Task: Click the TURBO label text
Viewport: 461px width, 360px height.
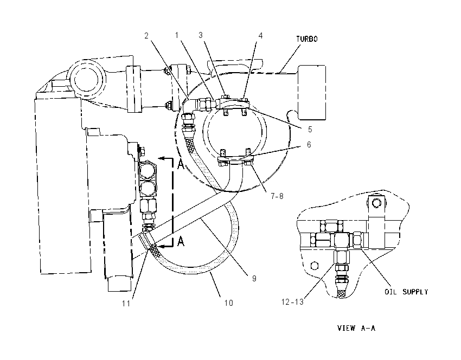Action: (x=306, y=39)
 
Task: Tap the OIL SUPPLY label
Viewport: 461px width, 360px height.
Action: (x=406, y=292)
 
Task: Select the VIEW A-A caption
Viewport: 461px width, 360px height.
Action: (x=356, y=328)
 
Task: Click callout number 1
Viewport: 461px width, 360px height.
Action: (x=177, y=35)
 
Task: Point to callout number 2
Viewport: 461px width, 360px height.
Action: (x=146, y=36)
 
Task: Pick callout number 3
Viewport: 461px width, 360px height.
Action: (x=201, y=35)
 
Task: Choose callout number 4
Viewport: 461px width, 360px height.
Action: (x=260, y=36)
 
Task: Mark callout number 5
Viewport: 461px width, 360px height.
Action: (x=310, y=129)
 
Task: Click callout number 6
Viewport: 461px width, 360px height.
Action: (x=309, y=145)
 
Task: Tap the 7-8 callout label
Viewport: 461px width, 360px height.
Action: (x=277, y=196)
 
